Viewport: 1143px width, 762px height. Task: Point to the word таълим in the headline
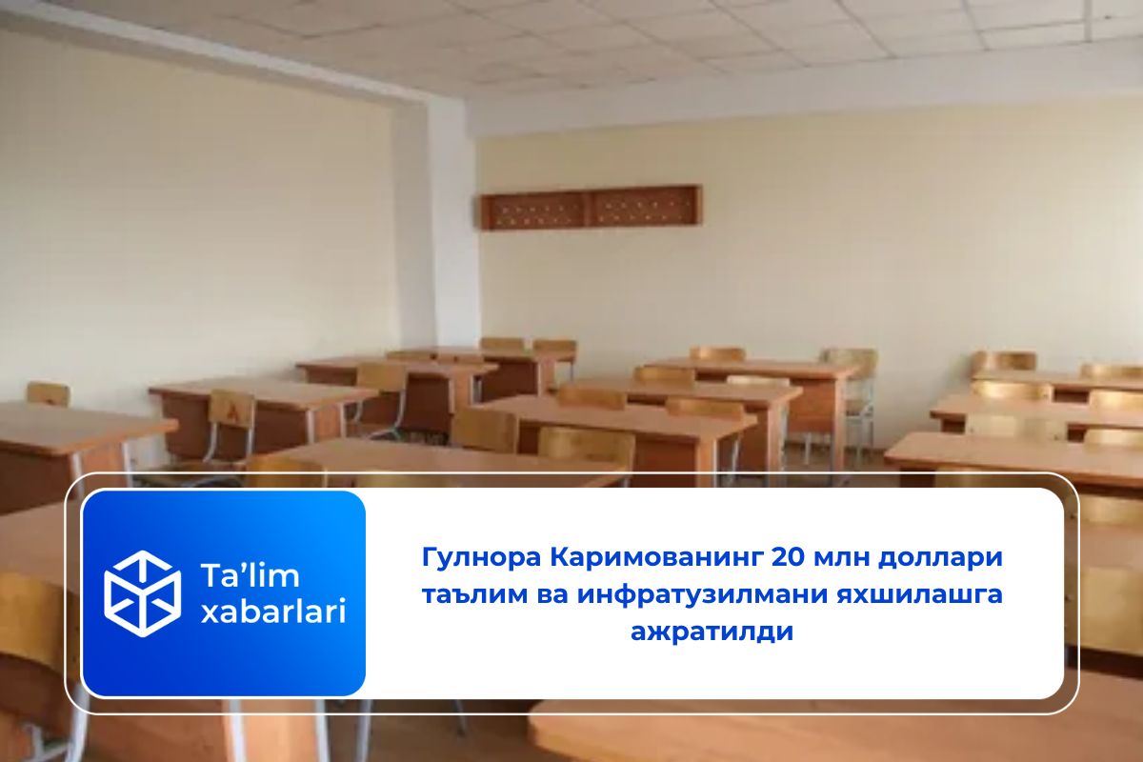tap(456, 594)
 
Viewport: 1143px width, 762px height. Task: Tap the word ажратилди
tap(712, 632)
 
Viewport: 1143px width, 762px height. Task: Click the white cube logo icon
tap(142, 592)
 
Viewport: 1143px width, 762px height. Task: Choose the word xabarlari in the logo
tap(272, 612)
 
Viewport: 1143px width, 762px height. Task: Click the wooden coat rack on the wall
tap(591, 207)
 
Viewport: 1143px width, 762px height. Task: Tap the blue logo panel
tap(224, 592)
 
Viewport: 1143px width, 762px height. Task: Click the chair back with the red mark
tap(231, 410)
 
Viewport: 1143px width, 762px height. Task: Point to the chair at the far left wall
tap(48, 393)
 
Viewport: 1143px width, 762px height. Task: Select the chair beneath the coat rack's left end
tap(502, 344)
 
